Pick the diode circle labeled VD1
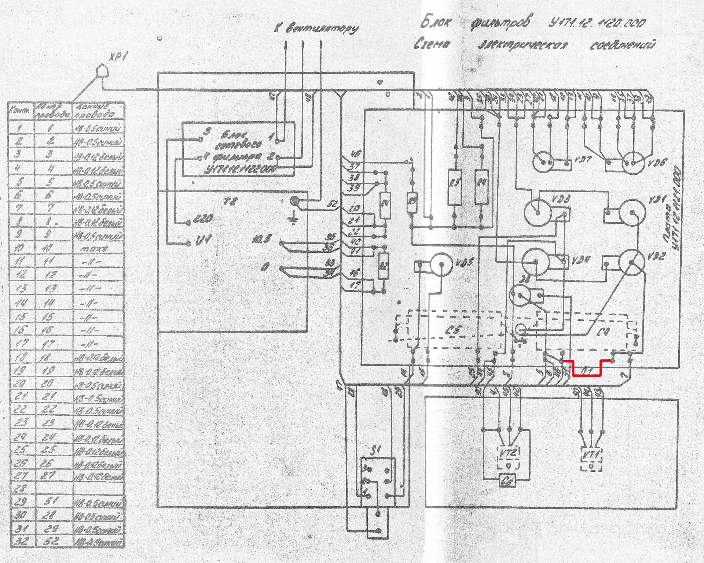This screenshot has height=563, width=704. point(632,212)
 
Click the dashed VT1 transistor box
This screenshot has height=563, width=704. point(591,460)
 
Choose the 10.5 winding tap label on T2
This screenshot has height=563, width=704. point(263,241)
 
